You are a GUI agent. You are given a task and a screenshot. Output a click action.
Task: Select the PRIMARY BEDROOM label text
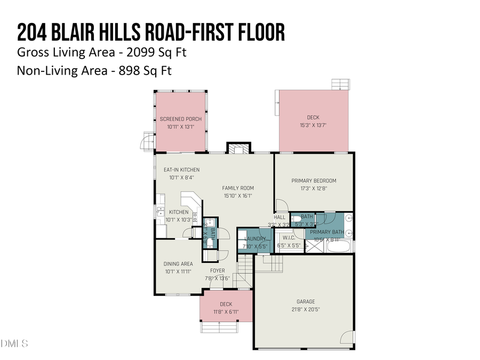click(x=314, y=181)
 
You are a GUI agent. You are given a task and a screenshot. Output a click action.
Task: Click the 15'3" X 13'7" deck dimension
click(x=313, y=125)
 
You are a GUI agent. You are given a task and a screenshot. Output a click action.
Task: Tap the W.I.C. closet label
click(x=289, y=238)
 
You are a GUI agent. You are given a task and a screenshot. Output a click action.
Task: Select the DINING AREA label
click(x=178, y=263)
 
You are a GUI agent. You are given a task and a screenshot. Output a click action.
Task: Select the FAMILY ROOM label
click(x=238, y=188)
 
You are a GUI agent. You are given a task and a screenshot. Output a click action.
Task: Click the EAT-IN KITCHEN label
click(x=181, y=170)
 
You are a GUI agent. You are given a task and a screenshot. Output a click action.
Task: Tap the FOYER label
click(x=217, y=270)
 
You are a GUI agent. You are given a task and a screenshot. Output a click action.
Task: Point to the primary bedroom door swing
click(x=281, y=205)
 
